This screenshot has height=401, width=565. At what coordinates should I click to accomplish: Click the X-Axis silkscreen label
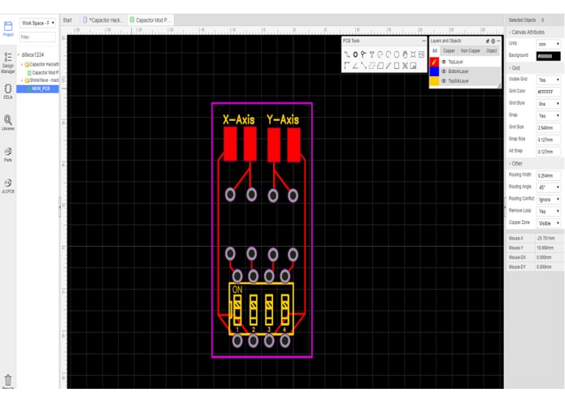pyautogui.click(x=238, y=120)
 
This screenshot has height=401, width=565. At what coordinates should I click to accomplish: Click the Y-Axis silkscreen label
pyautogui.click(x=282, y=120)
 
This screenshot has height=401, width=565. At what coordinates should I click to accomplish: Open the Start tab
pyautogui.click(x=67, y=20)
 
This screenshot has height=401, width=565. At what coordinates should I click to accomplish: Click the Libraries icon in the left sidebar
pyautogui.click(x=8, y=123)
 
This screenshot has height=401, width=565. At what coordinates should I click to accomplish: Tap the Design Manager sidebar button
pyautogui.click(x=8, y=63)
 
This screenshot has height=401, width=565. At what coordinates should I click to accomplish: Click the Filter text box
pyautogui.click(x=38, y=37)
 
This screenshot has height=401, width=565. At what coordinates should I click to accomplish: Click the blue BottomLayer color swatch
pyautogui.click(x=434, y=71)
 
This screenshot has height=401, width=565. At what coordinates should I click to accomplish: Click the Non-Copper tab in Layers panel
pyautogui.click(x=470, y=50)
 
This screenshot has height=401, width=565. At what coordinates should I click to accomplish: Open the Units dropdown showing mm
pyautogui.click(x=548, y=44)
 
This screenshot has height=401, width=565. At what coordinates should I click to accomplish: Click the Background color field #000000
pyautogui.click(x=548, y=56)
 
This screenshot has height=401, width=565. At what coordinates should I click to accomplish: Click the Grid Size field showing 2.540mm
pyautogui.click(x=548, y=127)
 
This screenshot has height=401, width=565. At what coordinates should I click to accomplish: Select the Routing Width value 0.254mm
pyautogui.click(x=548, y=175)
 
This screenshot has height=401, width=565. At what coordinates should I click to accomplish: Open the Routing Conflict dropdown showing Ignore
pyautogui.click(x=548, y=199)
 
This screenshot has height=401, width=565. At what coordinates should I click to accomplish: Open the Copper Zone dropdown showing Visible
pyautogui.click(x=548, y=222)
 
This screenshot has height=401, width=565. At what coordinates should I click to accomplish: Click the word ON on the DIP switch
pyautogui.click(x=237, y=289)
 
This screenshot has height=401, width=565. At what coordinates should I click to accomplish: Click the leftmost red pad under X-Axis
pyautogui.click(x=230, y=144)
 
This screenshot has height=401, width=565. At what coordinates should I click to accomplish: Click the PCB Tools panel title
pyautogui.click(x=352, y=41)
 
